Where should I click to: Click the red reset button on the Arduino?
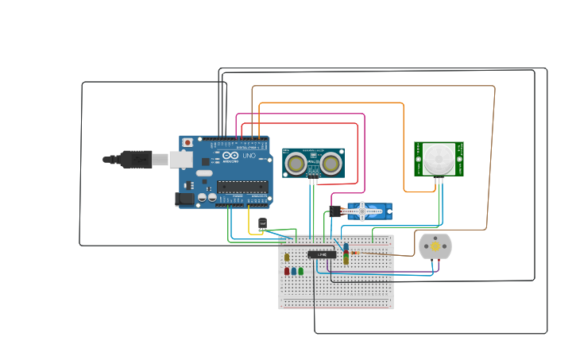(187, 143)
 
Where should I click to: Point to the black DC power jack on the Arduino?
(184, 199)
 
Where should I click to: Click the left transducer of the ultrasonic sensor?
(296, 164)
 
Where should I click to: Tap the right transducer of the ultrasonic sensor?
(331, 164)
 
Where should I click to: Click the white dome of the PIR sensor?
(439, 158)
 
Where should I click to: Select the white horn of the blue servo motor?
(364, 211)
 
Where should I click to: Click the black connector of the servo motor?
(335, 211)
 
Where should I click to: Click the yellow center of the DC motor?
(435, 246)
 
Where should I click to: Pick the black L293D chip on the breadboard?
(322, 254)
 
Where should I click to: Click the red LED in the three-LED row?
(287, 271)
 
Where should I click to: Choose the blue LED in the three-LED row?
(294, 271)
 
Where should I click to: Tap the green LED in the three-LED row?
(301, 271)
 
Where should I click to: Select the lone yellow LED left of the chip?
(287, 257)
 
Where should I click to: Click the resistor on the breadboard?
(346, 253)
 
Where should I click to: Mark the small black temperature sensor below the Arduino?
(262, 224)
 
